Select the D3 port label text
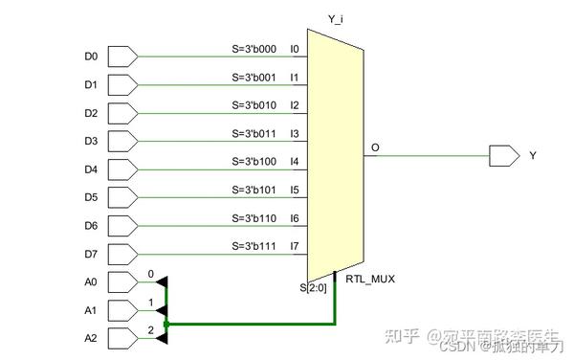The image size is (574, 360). pos(91,141)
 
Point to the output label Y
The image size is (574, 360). pos(533,155)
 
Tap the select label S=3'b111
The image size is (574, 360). pos(254,245)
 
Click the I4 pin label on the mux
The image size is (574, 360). pos(295,161)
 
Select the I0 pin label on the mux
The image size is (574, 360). pos(295,48)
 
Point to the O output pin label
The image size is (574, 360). pos(375,147)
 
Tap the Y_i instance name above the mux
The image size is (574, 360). pos(334,17)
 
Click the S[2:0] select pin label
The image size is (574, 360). pos(315,286)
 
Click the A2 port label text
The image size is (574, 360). pos(91,338)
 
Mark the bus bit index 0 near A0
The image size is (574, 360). pos(150,274)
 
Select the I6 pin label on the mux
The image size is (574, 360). pos(295,217)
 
